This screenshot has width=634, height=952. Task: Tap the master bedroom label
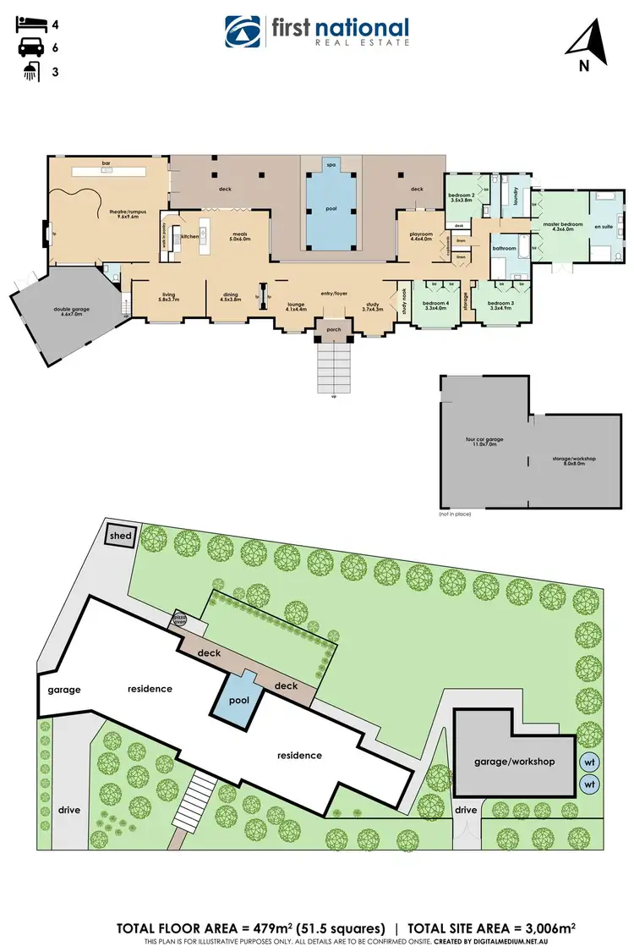point(562,225)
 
